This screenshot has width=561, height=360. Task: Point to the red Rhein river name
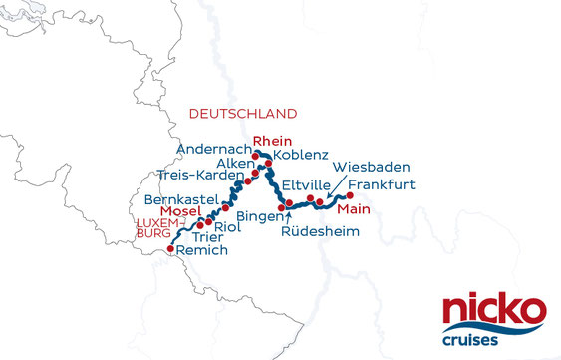pyautogui.click(x=271, y=141)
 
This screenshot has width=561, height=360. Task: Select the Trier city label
pyautogui.click(x=206, y=238)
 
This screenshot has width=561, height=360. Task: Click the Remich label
pyautogui.click(x=202, y=252)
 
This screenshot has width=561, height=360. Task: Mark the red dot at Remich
pyautogui.click(x=170, y=247)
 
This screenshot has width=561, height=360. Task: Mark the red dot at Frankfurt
pyautogui.click(x=349, y=195)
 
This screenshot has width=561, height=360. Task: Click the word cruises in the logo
pyautogui.click(x=494, y=340)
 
